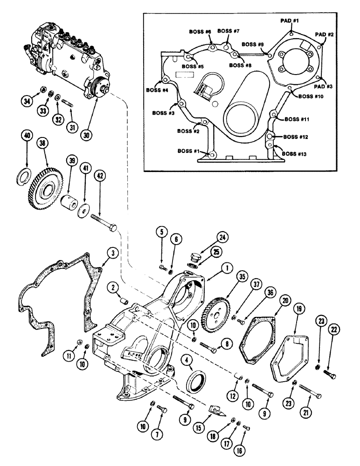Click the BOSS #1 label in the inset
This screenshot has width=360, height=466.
(188, 151)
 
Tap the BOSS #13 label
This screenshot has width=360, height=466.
(295, 153)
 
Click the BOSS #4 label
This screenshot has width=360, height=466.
(157, 90)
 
